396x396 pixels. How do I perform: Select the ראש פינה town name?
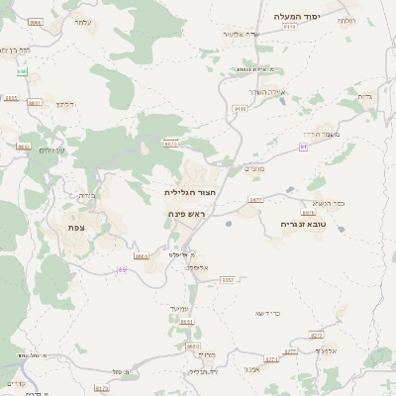pos(186,213)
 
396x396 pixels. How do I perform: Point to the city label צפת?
pos(76,228)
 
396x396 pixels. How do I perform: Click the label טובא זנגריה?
pos(301,224)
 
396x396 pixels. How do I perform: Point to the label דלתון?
pos(65,103)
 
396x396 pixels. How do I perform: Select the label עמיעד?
pos(179,309)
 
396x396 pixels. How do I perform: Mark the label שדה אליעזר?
pos(240,35)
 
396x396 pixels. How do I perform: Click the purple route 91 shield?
pos(304,147)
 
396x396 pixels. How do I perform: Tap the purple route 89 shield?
pos(122,268)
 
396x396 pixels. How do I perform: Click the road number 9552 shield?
pos(227,280)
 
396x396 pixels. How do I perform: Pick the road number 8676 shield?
pos(171,144)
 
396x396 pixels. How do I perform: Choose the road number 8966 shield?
pos(36,22)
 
